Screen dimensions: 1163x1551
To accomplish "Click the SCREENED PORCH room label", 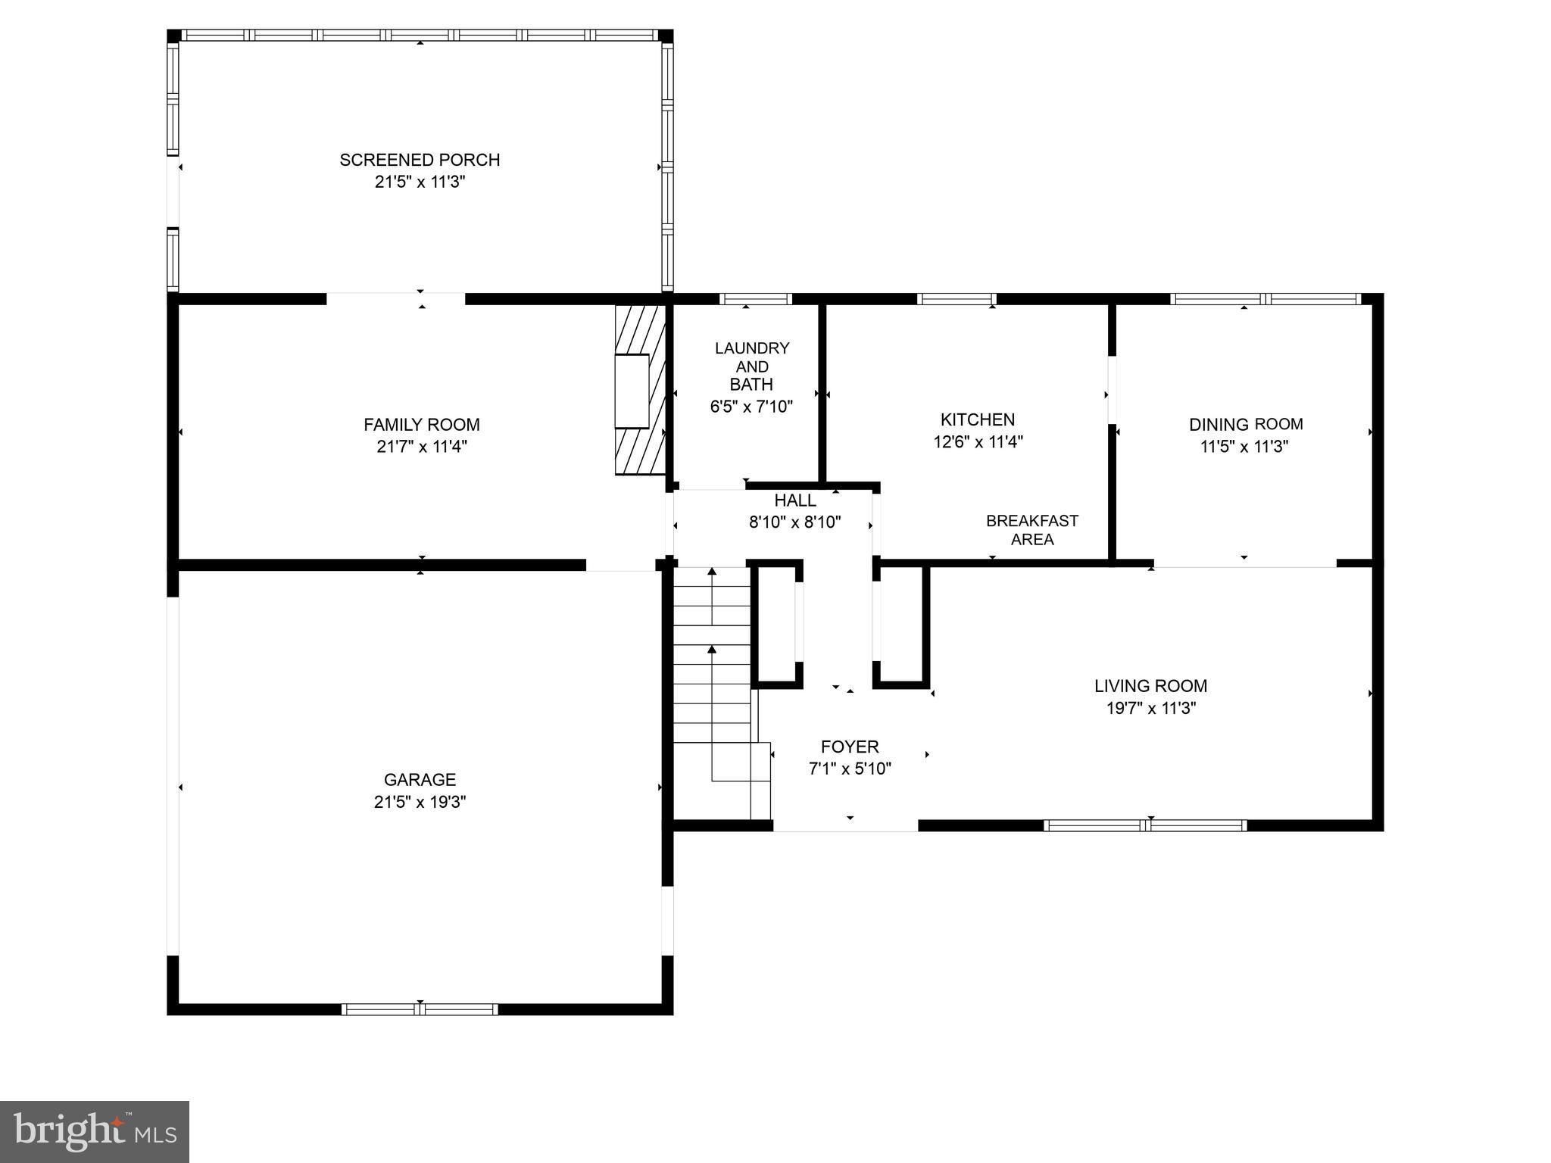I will click(x=420, y=161).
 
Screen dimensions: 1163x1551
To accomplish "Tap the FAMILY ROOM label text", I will click(x=421, y=425).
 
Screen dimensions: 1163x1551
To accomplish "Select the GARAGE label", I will click(x=420, y=780).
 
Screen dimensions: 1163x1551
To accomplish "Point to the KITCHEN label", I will click(x=977, y=419).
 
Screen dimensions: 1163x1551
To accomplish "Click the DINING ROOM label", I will click(x=1245, y=425).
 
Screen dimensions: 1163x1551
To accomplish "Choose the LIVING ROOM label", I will click(x=1150, y=686).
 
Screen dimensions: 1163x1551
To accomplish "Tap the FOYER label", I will click(x=850, y=747).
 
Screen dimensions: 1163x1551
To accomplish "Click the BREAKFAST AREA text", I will click(x=1031, y=530).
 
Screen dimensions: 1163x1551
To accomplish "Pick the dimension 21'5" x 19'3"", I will click(x=420, y=802).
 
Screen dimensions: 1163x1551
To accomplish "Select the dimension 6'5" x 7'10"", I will click(x=751, y=407).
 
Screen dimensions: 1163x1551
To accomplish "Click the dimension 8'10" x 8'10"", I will click(x=794, y=522).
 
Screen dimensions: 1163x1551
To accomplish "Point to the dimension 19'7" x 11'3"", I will click(x=1150, y=709).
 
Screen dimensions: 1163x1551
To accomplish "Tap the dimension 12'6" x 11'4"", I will click(x=978, y=442).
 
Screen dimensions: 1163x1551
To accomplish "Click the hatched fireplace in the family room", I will click(x=639, y=391).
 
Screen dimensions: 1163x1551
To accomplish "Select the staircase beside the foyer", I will click(x=713, y=689).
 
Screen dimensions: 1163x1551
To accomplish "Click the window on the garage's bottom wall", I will click(x=420, y=1009).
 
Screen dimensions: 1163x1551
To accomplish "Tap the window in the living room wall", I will click(x=1144, y=825).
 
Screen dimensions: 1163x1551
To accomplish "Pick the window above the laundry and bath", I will click(x=754, y=299).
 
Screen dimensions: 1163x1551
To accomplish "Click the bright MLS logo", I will click(x=94, y=1131).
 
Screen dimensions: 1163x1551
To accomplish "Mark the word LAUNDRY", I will click(x=751, y=348).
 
